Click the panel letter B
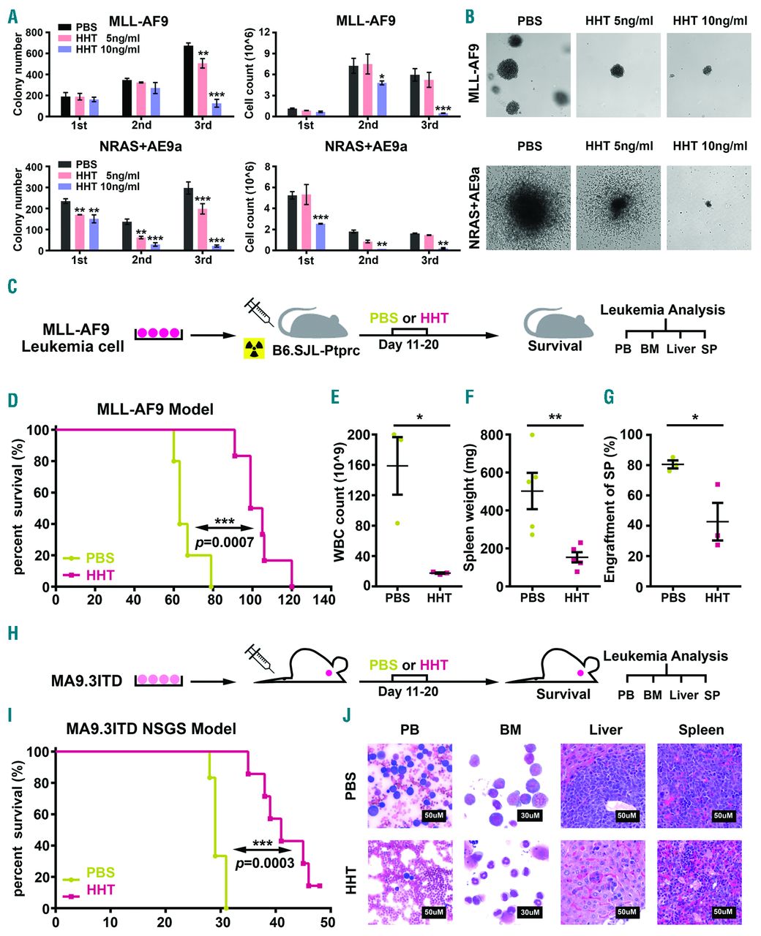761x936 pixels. point(471,15)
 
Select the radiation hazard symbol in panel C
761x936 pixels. point(255,350)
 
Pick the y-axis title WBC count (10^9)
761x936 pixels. point(339,510)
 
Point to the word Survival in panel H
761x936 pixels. point(563,692)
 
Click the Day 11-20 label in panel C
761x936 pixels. point(408,344)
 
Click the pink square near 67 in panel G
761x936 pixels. point(718,485)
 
